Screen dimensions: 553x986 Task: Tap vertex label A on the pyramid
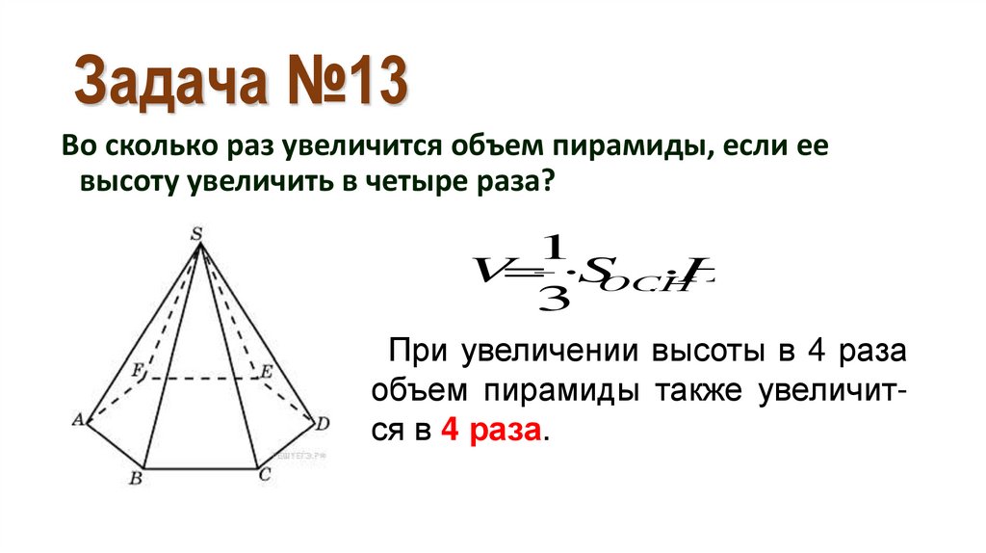click(78, 420)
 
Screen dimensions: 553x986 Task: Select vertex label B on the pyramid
click(136, 477)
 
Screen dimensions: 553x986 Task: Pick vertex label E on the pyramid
click(267, 368)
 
